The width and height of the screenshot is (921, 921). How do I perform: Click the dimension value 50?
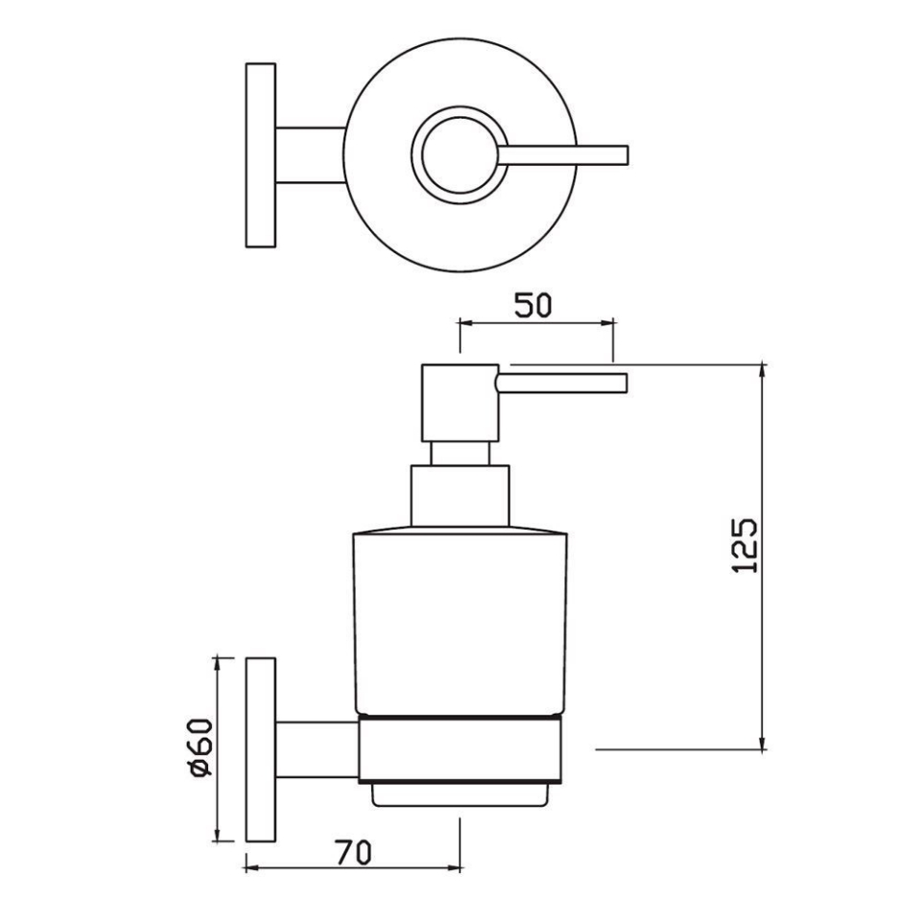pos(533,306)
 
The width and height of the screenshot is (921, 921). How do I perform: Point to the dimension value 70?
pos(353,850)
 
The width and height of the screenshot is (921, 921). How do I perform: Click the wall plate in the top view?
pos(261,154)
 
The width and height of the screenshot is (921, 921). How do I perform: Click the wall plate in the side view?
pos(261,749)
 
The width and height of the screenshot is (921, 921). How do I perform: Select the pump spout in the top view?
pos(566,154)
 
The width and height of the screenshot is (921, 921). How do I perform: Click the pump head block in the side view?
pos(460,403)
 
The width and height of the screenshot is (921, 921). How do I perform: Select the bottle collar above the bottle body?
pos(460,495)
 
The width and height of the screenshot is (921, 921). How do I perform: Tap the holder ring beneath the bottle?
pos(460,749)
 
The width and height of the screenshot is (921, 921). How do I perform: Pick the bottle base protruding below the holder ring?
pos(460,793)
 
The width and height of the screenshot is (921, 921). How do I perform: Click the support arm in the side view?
pos(317,749)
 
